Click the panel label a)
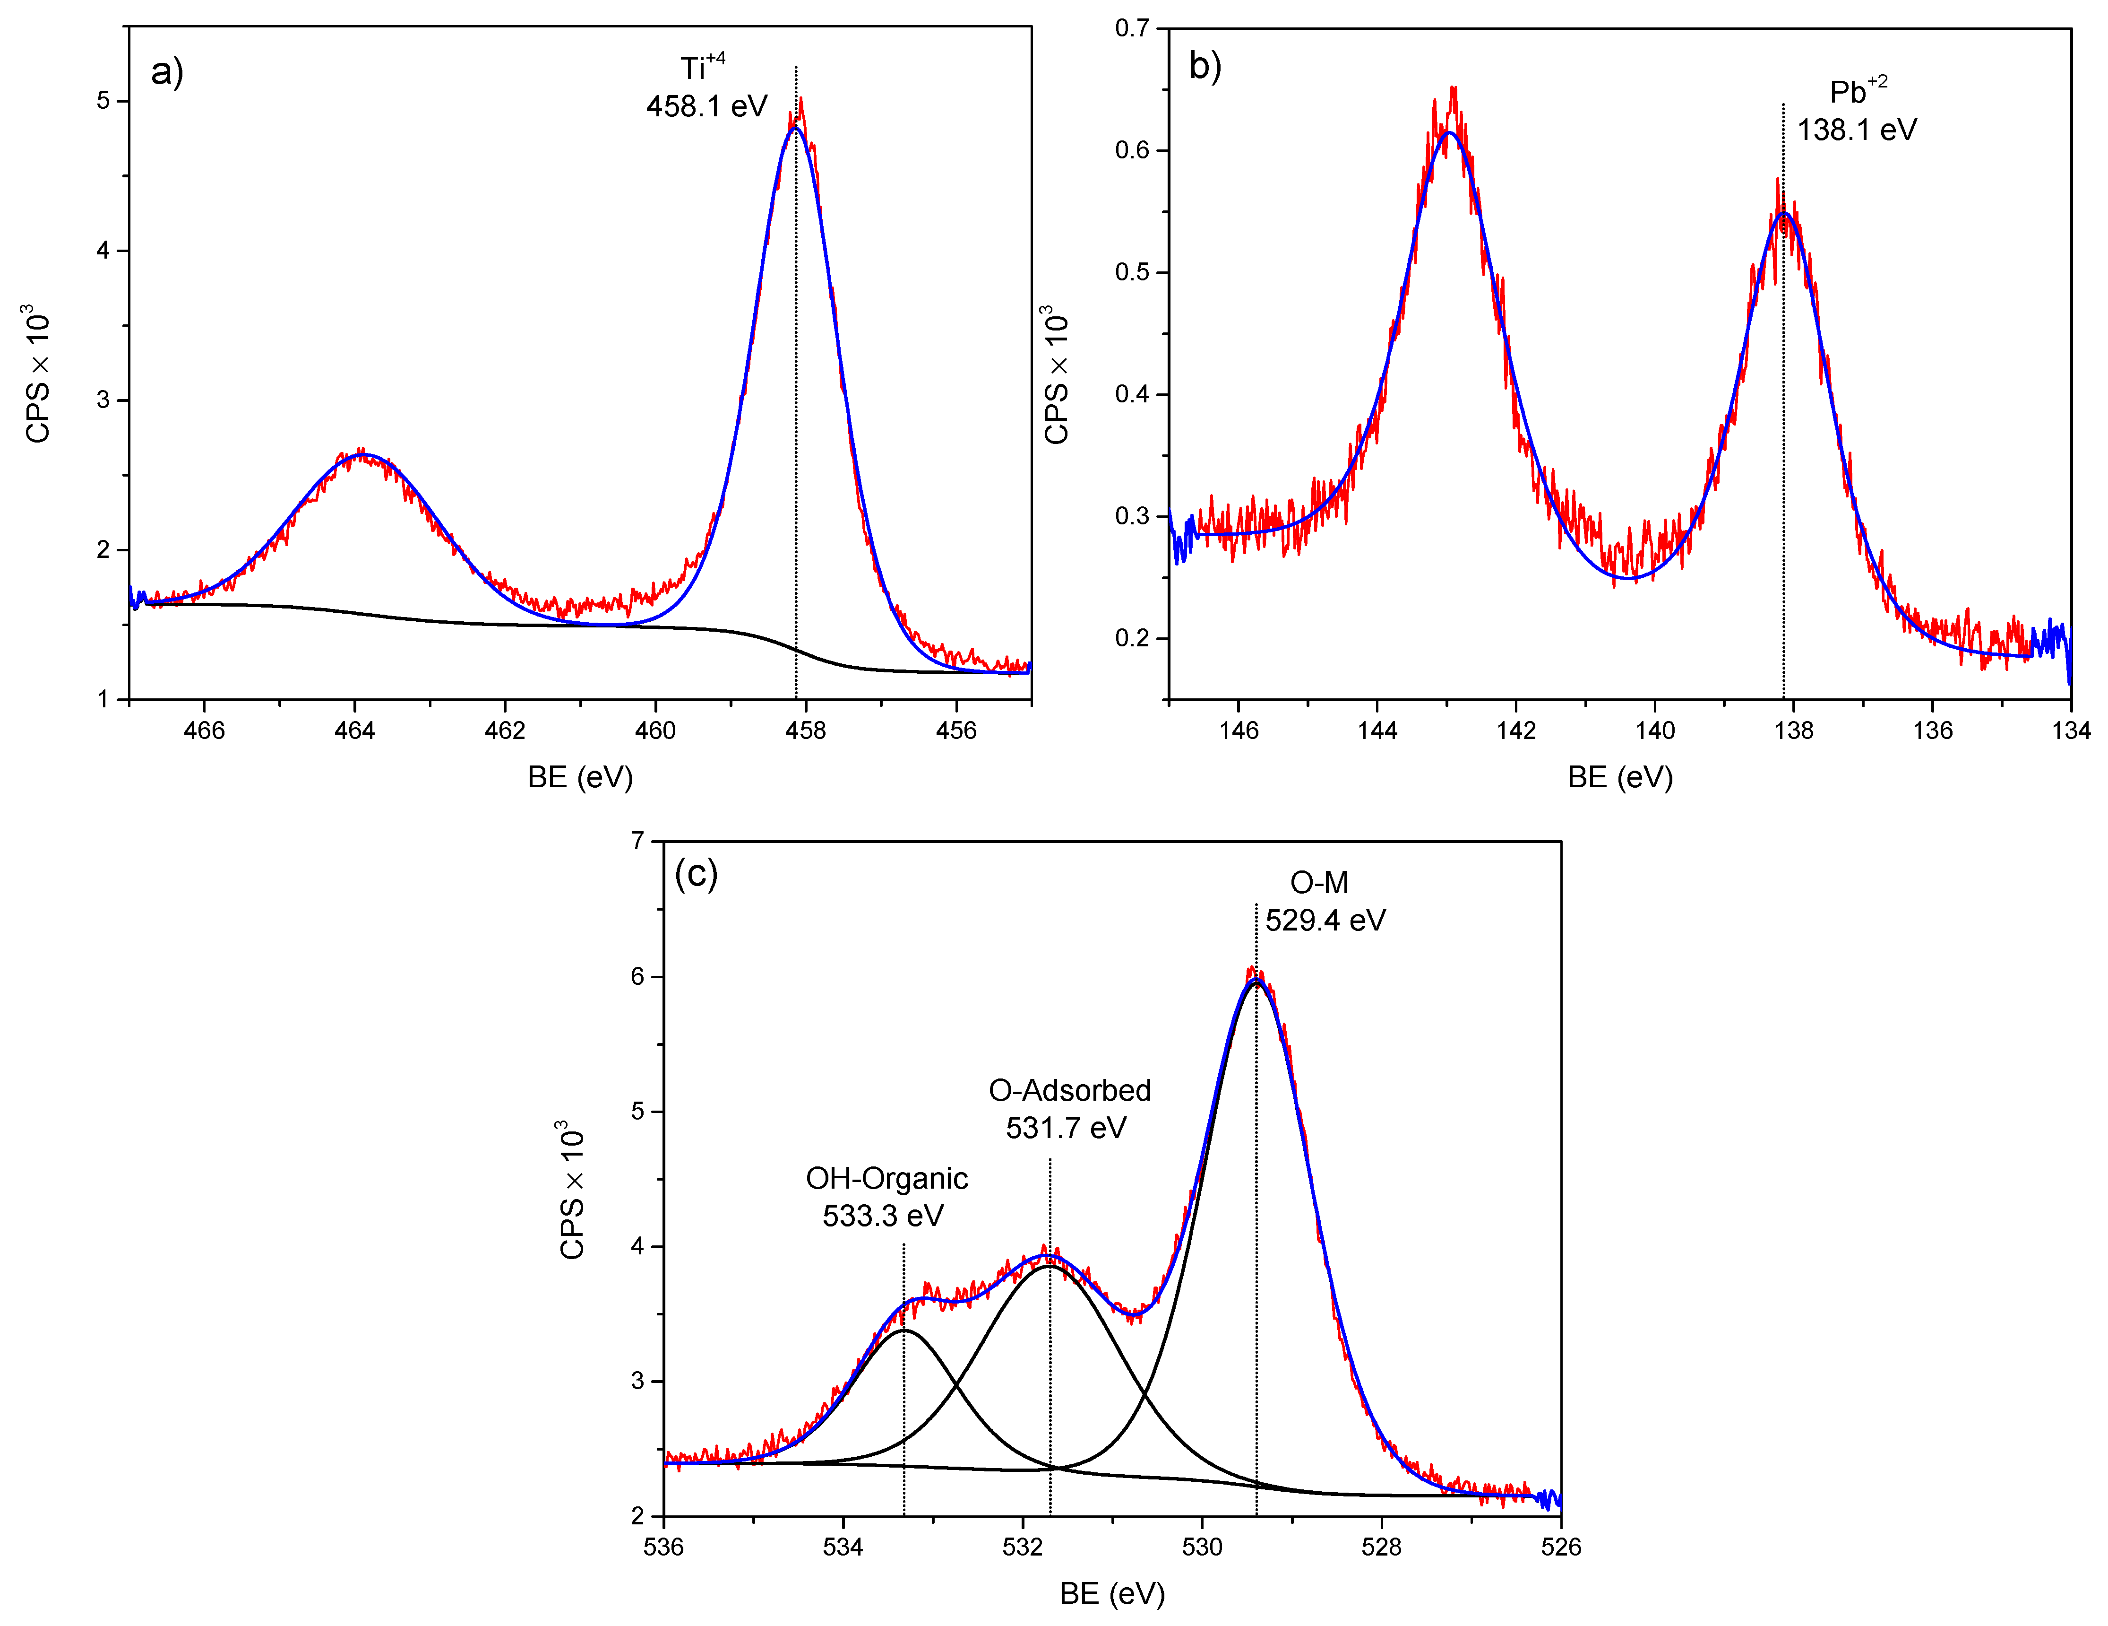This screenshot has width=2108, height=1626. tap(167, 72)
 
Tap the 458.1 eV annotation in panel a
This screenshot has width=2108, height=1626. tap(706, 106)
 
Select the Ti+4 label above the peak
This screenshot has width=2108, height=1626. tap(702, 68)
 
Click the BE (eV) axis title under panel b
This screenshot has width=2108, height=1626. tap(1619, 777)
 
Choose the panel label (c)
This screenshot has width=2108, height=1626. tap(696, 874)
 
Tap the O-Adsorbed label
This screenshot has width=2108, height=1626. tap(1069, 1090)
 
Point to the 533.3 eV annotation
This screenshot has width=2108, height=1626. tap(882, 1216)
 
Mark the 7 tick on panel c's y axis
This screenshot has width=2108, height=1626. tap(638, 841)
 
